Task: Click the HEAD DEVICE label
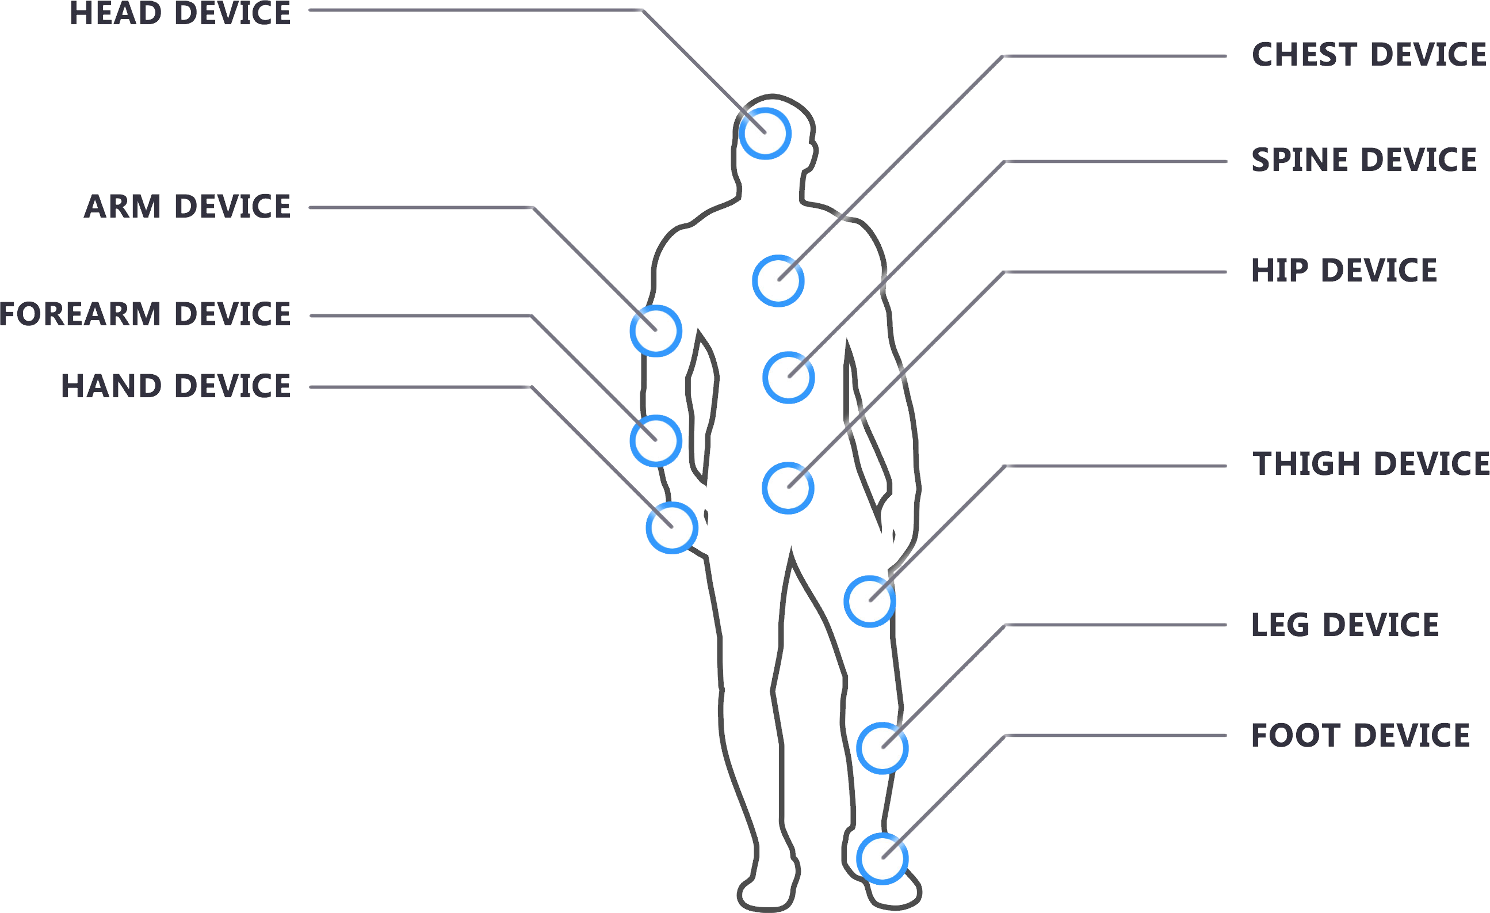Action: point(180,13)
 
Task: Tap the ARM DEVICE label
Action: point(188,206)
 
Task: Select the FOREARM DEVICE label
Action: point(145,314)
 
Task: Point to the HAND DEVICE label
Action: point(176,386)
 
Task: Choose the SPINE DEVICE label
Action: point(1364,159)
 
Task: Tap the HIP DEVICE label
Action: point(1344,271)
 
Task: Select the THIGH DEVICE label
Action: point(1371,464)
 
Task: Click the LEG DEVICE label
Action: point(1345,625)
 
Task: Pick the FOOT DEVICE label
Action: point(1361,736)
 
